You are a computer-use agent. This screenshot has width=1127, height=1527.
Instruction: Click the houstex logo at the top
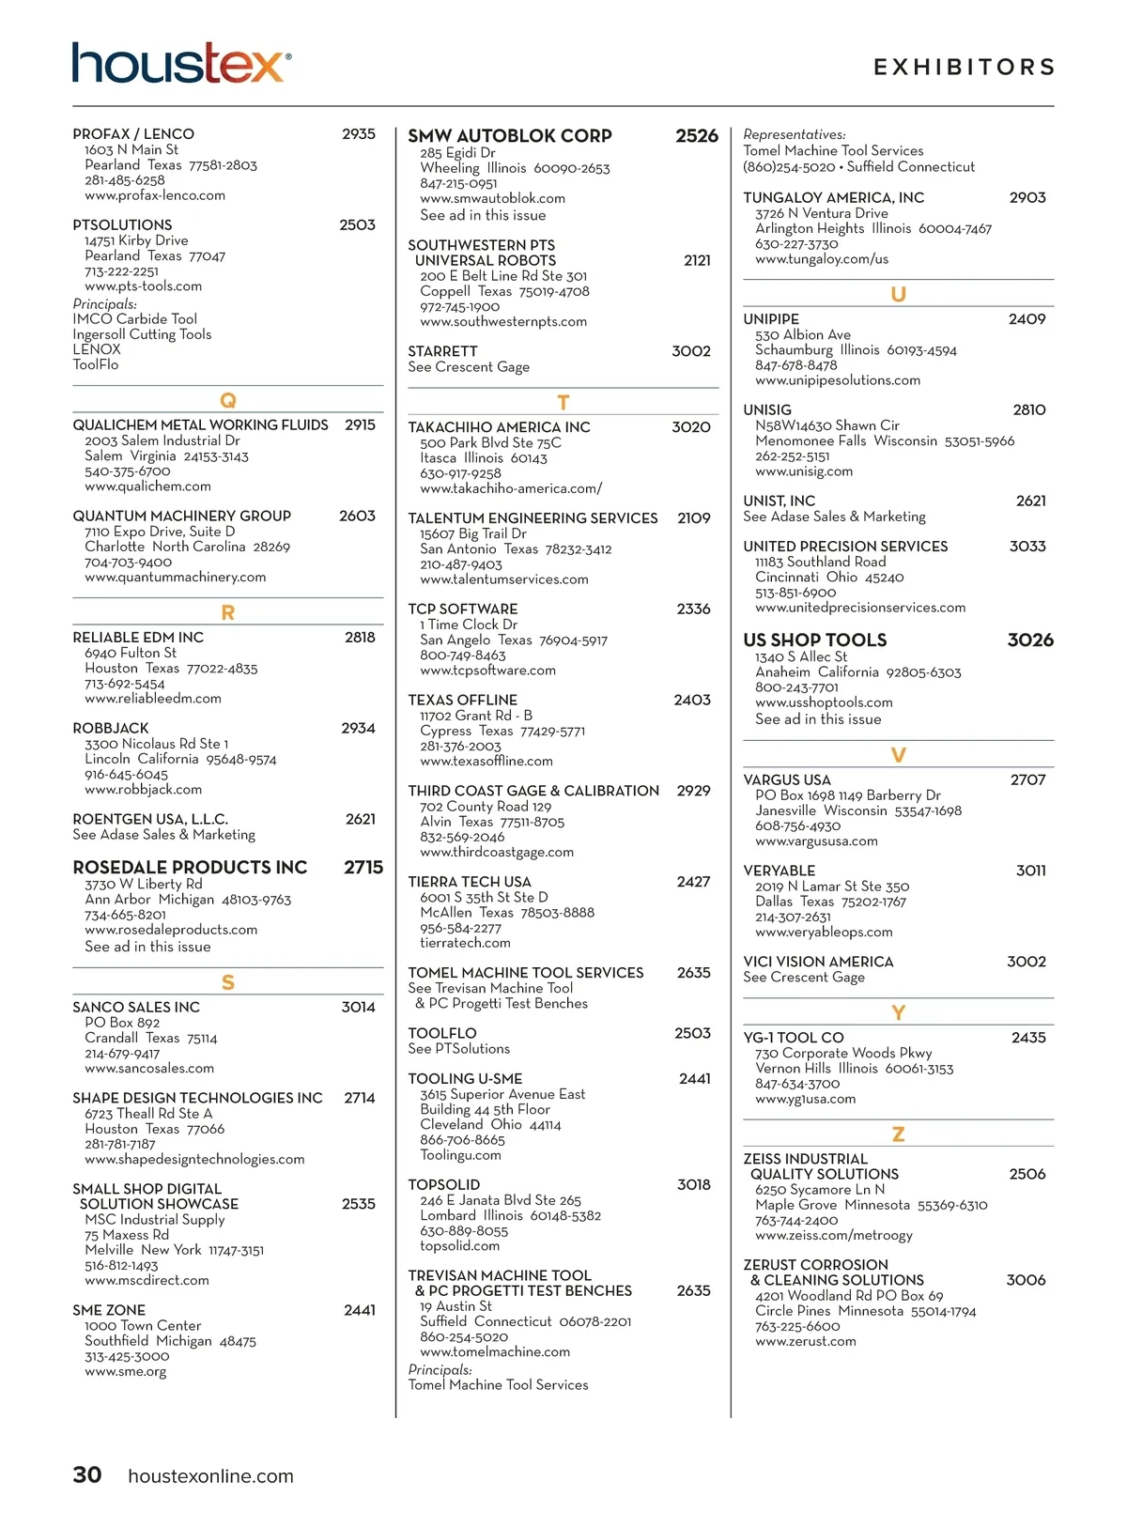tap(180, 63)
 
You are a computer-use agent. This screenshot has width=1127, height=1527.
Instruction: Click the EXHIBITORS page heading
tap(964, 68)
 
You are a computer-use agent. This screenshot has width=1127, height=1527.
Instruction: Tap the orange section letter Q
tap(227, 400)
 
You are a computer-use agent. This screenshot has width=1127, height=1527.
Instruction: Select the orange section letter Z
tap(898, 1134)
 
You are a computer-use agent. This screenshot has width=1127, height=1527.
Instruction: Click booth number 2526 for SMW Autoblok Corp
tap(696, 136)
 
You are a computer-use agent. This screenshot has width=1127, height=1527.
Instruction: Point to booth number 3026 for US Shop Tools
tap(1030, 640)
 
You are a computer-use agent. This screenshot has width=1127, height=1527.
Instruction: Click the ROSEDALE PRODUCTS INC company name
tap(190, 868)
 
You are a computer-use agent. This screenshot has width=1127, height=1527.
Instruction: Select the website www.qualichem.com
tap(147, 486)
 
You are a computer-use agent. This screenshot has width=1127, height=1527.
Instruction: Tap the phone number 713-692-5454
tap(125, 684)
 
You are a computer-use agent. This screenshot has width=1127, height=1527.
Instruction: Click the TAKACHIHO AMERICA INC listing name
tap(499, 427)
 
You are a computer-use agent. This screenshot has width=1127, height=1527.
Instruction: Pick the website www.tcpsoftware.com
tap(487, 671)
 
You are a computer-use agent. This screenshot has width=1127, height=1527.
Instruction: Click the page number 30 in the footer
tap(87, 1475)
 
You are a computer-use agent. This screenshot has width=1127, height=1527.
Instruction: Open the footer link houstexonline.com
tap(210, 1476)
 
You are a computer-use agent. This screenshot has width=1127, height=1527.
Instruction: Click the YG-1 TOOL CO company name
tap(793, 1038)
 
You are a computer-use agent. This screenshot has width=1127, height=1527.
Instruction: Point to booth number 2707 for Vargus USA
tap(1027, 780)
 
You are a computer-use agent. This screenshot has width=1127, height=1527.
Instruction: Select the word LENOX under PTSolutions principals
tap(97, 349)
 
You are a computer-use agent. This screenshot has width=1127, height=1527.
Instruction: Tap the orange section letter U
tap(898, 295)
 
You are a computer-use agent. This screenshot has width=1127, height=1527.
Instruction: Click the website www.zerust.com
tap(805, 1342)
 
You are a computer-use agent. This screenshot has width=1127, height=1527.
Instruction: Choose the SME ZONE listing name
tap(109, 1311)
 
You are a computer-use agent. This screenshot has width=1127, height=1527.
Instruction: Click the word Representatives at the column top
tap(794, 135)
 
